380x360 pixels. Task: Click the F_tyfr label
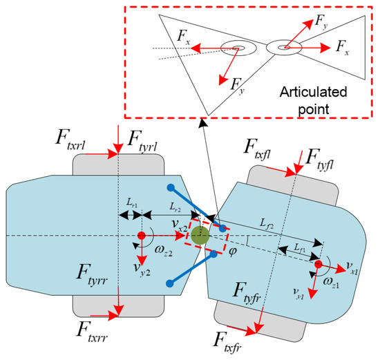[x=254, y=290]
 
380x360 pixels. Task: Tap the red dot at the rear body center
[x=141, y=235]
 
